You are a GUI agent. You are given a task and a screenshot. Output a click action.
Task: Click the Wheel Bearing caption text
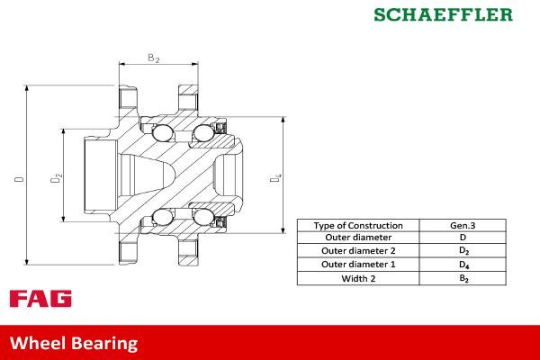74,343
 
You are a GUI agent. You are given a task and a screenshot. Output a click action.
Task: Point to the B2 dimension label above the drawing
154,58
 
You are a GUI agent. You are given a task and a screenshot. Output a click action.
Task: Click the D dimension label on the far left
19,178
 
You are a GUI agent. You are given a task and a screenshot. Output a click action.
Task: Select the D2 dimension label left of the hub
56,178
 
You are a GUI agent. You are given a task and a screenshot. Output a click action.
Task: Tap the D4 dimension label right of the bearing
276,178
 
